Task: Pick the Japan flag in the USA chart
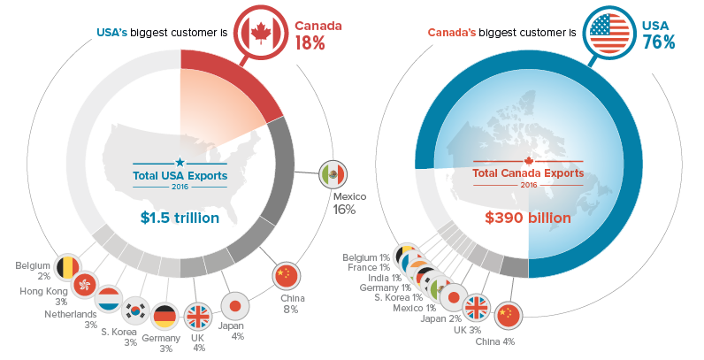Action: tap(234, 305)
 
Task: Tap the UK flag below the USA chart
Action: tap(196, 315)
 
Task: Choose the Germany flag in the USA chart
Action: tap(165, 316)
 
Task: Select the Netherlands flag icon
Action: tap(109, 298)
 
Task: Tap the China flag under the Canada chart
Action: tap(509, 314)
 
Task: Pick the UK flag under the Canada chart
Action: tap(477, 307)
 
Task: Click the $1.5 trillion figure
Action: tap(180, 217)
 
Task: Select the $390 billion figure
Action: tap(528, 217)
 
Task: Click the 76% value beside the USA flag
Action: tap(659, 42)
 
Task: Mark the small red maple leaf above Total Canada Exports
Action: tap(529, 161)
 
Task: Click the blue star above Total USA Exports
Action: tap(180, 162)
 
